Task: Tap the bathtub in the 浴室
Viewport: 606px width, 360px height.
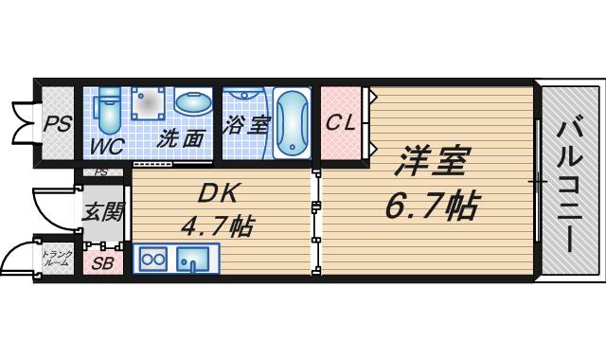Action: (x=293, y=123)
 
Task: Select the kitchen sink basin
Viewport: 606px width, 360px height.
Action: (x=193, y=259)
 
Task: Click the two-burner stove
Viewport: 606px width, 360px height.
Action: (x=153, y=259)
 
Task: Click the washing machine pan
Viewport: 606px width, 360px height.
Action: (x=148, y=103)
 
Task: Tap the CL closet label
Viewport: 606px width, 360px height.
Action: (x=341, y=122)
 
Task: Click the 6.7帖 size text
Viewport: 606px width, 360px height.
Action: (x=433, y=205)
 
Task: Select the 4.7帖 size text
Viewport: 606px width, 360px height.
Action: (x=218, y=225)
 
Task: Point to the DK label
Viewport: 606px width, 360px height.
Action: (x=218, y=193)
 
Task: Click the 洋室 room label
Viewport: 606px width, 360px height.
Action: (x=433, y=160)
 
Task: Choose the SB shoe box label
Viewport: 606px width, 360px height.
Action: (x=103, y=263)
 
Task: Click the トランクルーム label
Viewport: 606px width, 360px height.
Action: (x=57, y=259)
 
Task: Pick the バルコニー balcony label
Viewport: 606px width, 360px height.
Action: (x=569, y=183)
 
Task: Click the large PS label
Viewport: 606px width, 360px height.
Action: (x=58, y=124)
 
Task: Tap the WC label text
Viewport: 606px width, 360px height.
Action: (x=107, y=146)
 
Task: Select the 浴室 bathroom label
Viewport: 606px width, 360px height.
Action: (x=246, y=125)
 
